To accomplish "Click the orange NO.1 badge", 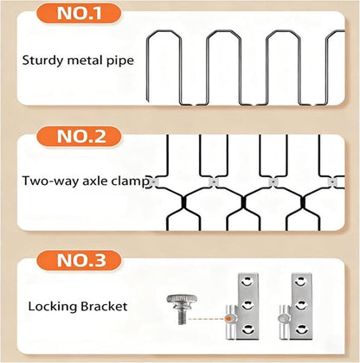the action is [79, 13].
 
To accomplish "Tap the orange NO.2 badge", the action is [79, 137].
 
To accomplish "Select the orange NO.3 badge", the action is [79, 260].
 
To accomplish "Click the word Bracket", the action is [104, 306].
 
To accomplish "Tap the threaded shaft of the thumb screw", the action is [182, 315].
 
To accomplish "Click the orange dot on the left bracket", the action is [229, 319].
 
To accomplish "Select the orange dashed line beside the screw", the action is [206, 319].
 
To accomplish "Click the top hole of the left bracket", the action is [247, 282].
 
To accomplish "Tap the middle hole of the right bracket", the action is [300, 305].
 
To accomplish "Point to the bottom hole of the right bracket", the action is [300, 329].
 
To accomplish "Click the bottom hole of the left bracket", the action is [247, 329].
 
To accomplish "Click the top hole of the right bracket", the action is [300, 282].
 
